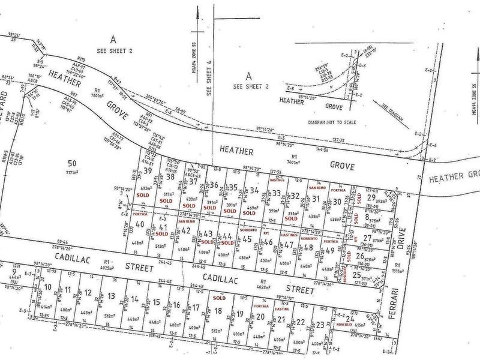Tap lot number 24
pos(349,319)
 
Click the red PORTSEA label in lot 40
pos(140,214)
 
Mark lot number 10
pos(49,287)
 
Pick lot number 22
pos(301,322)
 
